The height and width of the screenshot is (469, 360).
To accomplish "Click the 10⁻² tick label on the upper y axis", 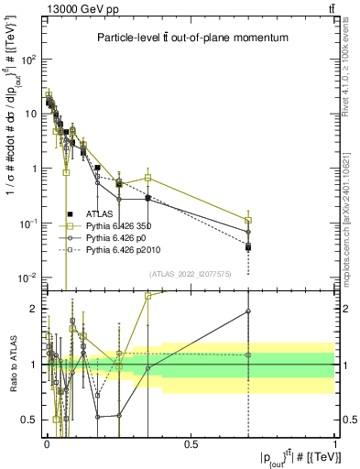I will tap(27, 278).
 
